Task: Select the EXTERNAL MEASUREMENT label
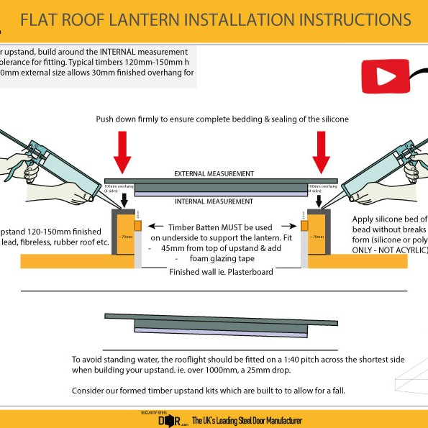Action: [x=214, y=173]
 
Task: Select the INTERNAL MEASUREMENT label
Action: [x=214, y=201]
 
